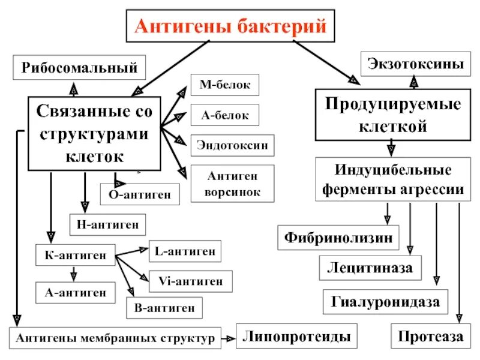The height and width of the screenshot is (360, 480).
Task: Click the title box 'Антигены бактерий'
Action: point(230,26)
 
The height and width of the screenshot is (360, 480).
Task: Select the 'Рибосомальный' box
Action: point(79,67)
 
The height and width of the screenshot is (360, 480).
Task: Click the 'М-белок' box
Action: point(224,85)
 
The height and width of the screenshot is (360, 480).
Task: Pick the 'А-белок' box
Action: point(224,115)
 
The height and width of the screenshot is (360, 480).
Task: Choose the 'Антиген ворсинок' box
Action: point(232,184)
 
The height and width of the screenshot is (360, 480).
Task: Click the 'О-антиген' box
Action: point(140,194)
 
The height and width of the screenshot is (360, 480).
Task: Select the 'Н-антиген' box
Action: point(108,224)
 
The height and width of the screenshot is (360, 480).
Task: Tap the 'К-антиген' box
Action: point(75,256)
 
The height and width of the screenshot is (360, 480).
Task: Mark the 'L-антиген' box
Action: point(184,251)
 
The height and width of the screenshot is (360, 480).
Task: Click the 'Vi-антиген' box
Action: point(190,280)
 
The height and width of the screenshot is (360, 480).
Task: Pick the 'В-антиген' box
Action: point(164,308)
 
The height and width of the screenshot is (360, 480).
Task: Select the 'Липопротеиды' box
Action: point(296,336)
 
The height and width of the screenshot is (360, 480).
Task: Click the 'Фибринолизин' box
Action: point(338,237)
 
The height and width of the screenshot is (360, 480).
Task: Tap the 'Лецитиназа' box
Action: point(370,267)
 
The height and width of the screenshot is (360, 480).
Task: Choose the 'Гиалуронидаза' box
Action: point(386,301)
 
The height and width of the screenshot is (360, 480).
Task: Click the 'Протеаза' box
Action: point(430,337)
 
